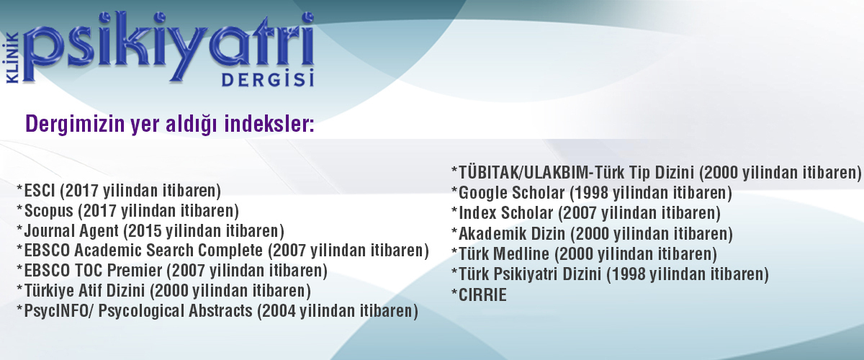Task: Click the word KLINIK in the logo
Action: click(x=13, y=58)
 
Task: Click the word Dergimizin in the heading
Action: click(x=75, y=125)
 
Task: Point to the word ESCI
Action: click(x=40, y=191)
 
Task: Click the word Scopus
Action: click(x=49, y=211)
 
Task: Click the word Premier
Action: click(x=135, y=271)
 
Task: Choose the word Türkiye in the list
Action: click(x=49, y=291)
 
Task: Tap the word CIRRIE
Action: click(x=482, y=295)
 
